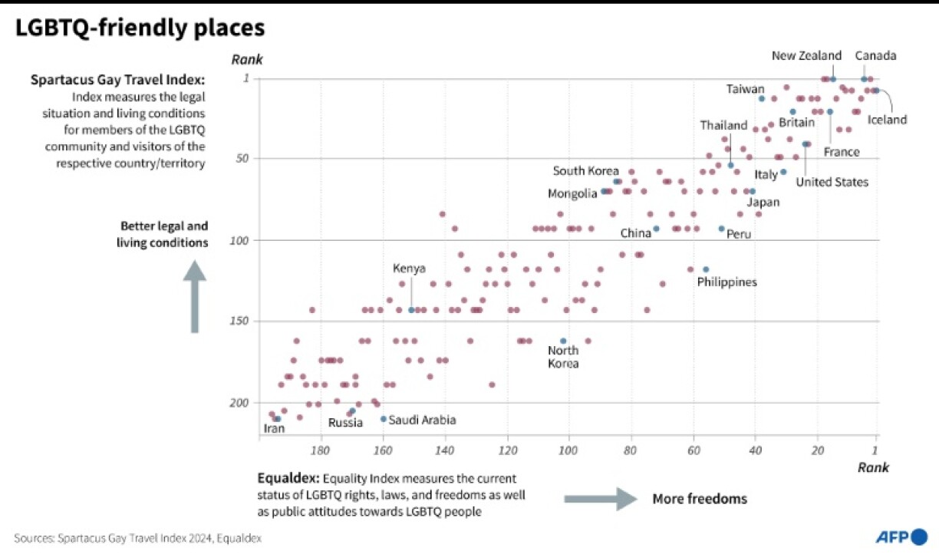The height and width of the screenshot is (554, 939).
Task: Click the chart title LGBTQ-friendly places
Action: tap(140, 28)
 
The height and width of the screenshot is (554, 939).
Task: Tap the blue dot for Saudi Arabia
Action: tap(384, 419)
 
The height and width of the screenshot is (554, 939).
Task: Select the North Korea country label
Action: tap(563, 357)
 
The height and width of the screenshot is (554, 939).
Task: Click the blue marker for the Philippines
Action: tap(706, 269)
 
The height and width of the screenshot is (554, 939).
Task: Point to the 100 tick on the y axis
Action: tap(240, 240)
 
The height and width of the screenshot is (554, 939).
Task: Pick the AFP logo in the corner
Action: tap(901, 536)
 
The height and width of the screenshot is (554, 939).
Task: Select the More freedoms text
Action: tap(700, 500)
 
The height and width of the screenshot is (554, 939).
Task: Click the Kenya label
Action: tap(409, 268)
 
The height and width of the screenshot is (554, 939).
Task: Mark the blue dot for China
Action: tap(656, 229)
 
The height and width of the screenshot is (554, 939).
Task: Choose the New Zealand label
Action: tap(806, 55)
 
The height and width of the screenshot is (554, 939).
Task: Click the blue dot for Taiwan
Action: tap(762, 98)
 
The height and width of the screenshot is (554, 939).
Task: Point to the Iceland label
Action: tap(887, 120)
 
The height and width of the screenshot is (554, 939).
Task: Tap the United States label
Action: tap(832, 182)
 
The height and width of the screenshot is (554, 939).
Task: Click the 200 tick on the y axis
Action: tap(240, 403)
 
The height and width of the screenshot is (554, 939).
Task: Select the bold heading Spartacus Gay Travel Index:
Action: tap(117, 80)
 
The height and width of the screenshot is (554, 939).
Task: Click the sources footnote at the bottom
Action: tap(138, 539)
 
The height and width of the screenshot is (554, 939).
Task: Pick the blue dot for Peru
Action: tap(721, 229)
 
